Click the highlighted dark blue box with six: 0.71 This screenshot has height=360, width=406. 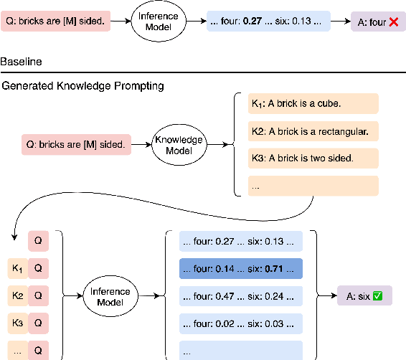[x=241, y=268]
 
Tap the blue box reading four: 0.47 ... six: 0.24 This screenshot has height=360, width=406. [x=241, y=295]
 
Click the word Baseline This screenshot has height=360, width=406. [x=21, y=62]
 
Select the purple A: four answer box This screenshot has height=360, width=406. [x=372, y=22]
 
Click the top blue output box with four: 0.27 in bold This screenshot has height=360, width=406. [x=268, y=22]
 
